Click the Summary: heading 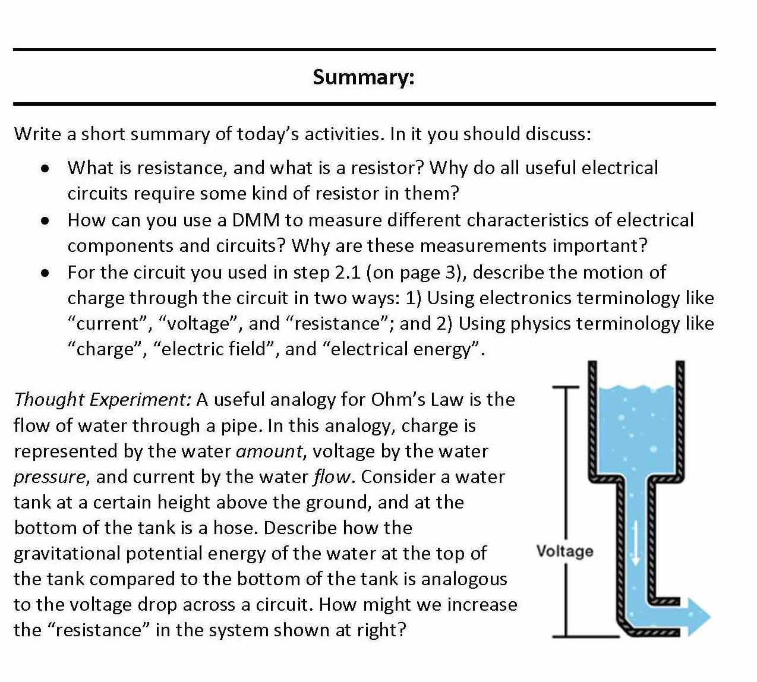(364, 77)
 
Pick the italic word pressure (50, 476)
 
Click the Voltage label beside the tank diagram (564, 551)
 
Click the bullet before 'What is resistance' (45, 169)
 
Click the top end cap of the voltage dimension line (565, 387)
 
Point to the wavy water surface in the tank (636, 389)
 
